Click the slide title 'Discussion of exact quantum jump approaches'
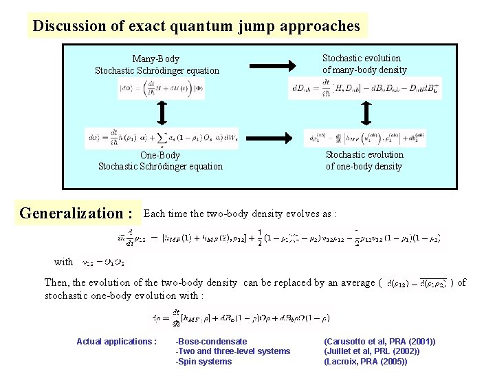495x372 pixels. coord(196,26)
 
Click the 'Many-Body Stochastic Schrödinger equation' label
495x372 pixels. coord(157,65)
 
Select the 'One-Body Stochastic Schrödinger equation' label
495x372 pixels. coord(160,161)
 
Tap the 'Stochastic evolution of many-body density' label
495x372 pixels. coord(364,64)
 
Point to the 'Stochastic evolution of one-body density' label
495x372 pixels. coord(364,161)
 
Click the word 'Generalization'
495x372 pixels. coord(71,213)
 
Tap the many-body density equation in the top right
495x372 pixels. coord(364,87)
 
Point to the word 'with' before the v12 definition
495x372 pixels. coord(64,262)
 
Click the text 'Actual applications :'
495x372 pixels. coord(116,342)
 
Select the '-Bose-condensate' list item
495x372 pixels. coord(211,342)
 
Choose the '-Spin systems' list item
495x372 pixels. coord(204,362)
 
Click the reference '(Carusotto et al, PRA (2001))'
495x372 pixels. coord(379,342)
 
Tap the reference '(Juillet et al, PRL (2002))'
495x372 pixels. coord(372,351)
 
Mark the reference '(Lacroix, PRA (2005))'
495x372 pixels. coord(365,362)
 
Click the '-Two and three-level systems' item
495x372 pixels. coord(233,351)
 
